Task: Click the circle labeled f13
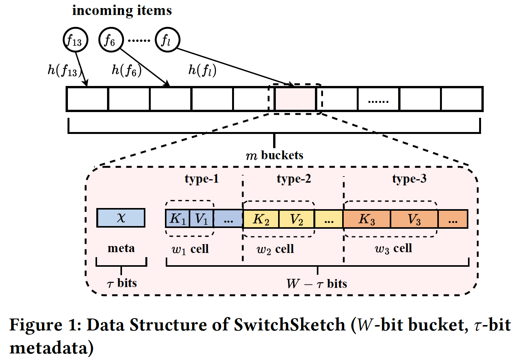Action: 75,40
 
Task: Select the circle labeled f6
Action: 111,40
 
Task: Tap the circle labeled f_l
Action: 167,40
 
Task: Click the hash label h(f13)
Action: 63,70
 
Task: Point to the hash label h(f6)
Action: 126,70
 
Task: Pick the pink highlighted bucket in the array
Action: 295,99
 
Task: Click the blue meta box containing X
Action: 121,218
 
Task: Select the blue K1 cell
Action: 178,219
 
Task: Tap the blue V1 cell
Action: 201,219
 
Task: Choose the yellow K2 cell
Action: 261,219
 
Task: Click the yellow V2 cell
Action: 296,219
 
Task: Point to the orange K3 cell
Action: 367,219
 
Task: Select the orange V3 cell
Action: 414,219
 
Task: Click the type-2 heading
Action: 294,179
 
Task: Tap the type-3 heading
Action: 409,179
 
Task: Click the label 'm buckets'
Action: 274,155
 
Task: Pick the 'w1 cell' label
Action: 190,249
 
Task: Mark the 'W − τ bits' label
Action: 317,284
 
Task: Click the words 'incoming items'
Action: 122,10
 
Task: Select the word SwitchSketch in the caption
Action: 290,325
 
